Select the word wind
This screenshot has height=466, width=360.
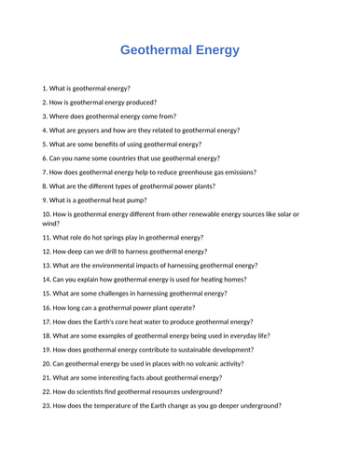point(50,224)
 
